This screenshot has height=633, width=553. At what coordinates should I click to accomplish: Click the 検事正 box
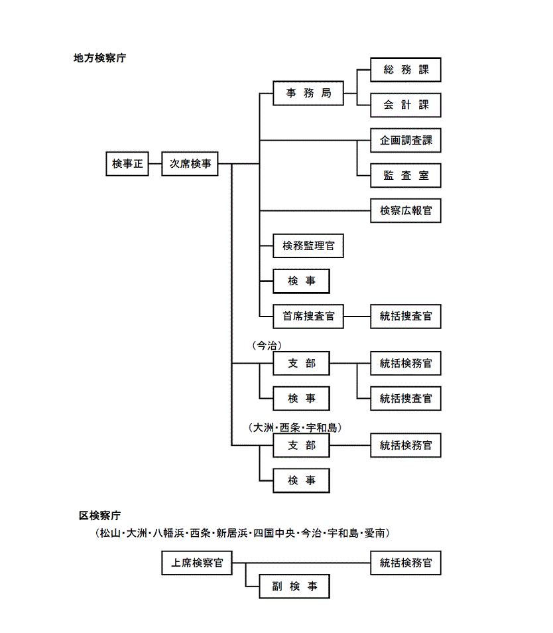pos(127,164)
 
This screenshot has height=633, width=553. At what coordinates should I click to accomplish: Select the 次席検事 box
pos(190,164)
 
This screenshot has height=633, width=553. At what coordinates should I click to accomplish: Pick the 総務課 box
pos(405,70)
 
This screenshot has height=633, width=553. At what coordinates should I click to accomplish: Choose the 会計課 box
pos(405,105)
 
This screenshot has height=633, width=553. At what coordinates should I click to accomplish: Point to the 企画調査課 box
pos(405,141)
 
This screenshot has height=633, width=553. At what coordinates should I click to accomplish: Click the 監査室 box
pos(405,176)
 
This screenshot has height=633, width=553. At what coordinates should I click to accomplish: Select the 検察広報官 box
pos(405,211)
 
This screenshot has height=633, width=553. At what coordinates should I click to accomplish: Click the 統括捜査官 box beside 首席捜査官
pos(405,316)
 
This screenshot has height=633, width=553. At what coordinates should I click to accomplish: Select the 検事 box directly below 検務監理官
pos(301,281)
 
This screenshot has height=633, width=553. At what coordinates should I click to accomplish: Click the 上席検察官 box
pos(197,563)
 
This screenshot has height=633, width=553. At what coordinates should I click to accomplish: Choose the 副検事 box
pos(294,587)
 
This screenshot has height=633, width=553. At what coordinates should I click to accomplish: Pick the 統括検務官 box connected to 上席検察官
pos(405,563)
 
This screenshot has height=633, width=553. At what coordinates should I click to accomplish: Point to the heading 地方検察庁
pos(99,58)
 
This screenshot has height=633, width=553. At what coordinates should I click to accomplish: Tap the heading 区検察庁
pos(99,516)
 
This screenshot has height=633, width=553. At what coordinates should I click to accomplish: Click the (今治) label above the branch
pos(267,346)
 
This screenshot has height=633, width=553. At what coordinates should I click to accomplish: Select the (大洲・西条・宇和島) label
pos(295,428)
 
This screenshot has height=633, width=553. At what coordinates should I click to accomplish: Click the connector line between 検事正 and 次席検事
pos(154,164)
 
